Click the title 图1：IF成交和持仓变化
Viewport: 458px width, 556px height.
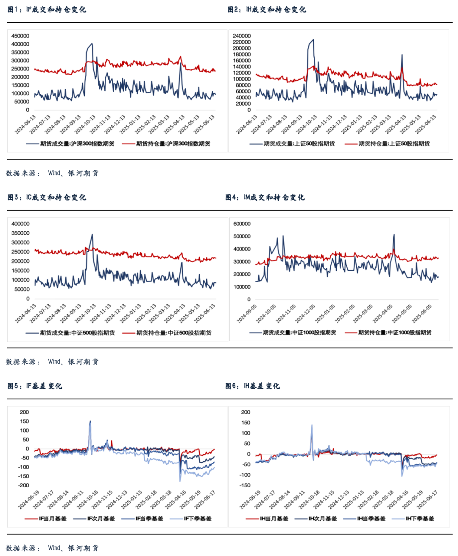pos(47,9)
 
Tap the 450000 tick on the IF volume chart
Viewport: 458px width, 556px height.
pos(20,36)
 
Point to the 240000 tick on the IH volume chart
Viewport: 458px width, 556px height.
pos(242,36)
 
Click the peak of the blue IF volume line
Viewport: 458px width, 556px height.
pos(92,44)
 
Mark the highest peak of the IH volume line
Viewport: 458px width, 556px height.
pos(313,40)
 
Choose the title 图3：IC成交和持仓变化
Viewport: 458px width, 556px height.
pos(47,197)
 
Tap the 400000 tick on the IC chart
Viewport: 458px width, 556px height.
pos(20,224)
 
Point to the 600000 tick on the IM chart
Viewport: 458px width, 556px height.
pos(242,224)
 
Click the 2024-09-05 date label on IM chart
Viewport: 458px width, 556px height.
pos(247,313)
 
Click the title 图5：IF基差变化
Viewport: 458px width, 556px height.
pos(35,386)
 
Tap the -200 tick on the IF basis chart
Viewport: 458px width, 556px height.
pos(24,485)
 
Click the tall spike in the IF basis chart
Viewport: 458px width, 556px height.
pos(90,421)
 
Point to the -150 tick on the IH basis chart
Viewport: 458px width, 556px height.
pos(245,485)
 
